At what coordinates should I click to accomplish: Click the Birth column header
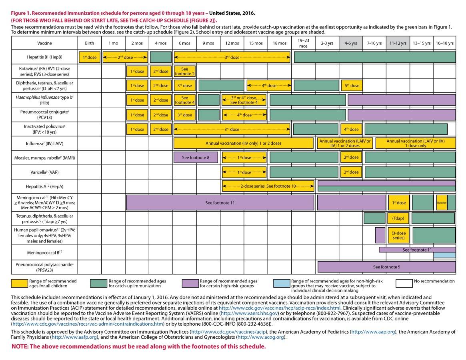[90, 43]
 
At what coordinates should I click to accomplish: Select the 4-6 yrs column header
[350, 43]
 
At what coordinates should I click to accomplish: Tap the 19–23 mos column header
[303, 43]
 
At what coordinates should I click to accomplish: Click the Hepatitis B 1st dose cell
[90, 57]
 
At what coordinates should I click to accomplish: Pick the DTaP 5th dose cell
[351, 86]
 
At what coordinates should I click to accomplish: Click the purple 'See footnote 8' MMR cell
[196, 158]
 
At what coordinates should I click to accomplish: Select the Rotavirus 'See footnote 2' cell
[184, 71]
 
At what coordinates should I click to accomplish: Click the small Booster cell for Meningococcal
[442, 203]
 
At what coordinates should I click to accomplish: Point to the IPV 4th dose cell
[351, 129]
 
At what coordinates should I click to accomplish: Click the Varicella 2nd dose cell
[351, 172]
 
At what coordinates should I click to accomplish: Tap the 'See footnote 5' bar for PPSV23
[386, 267]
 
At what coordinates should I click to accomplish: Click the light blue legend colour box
[281, 284]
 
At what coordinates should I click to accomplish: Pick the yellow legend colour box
[19, 284]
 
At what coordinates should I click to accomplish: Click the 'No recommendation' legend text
[434, 281]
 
